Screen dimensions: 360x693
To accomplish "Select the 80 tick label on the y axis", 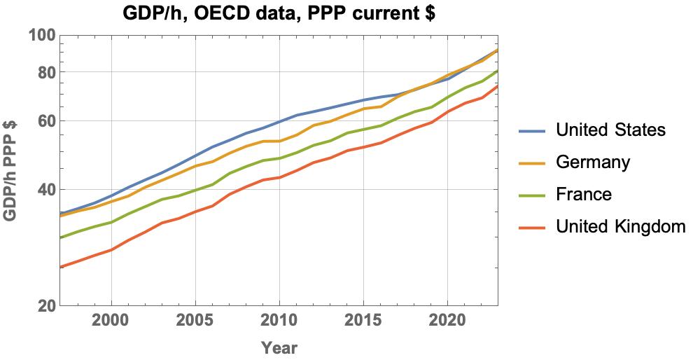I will [45, 72].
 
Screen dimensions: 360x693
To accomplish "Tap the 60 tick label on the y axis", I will [45, 120].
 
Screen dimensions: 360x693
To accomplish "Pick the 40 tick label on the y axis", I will [45, 189].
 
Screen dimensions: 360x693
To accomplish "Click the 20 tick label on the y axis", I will [45, 306].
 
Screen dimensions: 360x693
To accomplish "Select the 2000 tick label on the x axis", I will [111, 321].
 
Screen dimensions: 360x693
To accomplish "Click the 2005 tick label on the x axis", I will [195, 321].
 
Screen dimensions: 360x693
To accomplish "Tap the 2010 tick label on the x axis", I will [279, 321].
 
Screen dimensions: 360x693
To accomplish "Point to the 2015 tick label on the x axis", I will [363, 321].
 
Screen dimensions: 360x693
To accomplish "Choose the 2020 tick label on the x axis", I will [448, 321].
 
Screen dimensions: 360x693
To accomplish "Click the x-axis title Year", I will [279, 347].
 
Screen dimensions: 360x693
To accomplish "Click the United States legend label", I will [610, 130].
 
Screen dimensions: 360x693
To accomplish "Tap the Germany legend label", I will [593, 162].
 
